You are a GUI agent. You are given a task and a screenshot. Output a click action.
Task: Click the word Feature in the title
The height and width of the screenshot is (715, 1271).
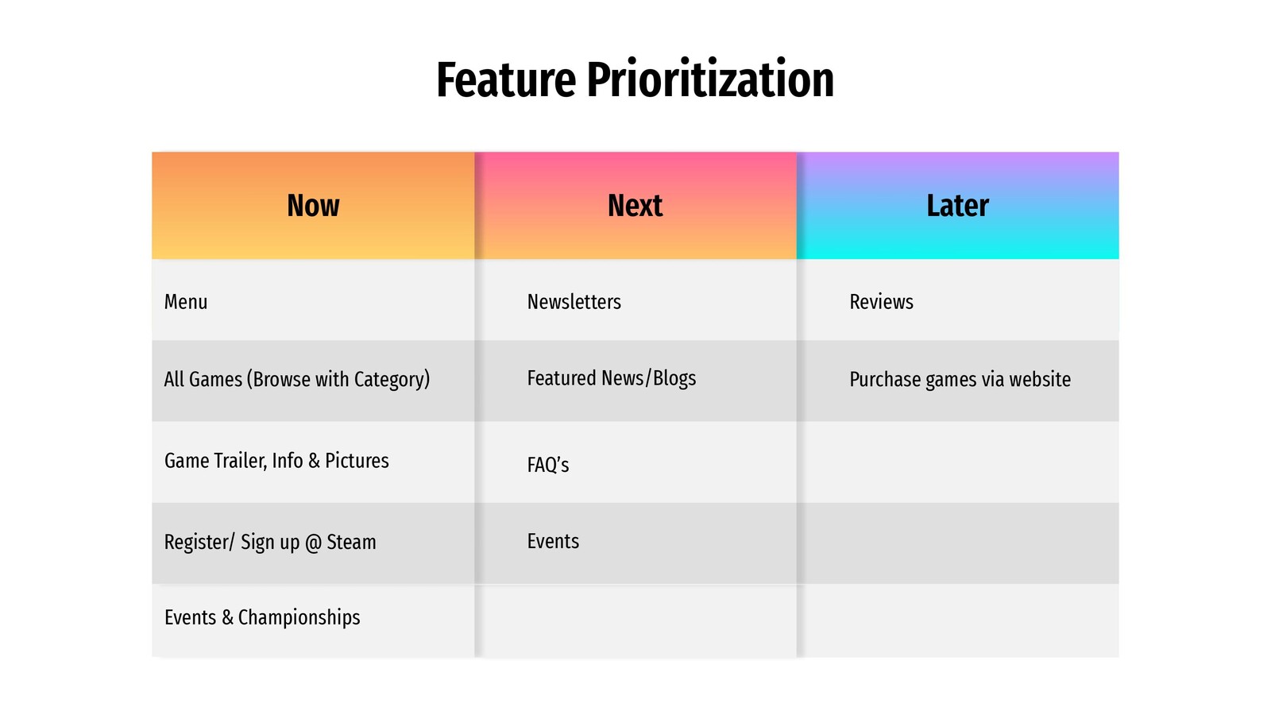(x=506, y=80)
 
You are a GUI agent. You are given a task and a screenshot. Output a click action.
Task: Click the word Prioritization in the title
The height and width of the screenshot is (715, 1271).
(x=710, y=79)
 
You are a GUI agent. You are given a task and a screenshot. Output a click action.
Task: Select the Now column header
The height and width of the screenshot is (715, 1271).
(x=313, y=206)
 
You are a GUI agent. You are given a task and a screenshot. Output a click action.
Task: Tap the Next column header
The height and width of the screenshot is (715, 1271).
(x=635, y=206)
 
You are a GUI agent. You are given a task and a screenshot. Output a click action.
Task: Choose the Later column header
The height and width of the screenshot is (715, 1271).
(x=958, y=206)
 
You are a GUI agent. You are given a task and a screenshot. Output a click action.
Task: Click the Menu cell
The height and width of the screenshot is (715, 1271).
(x=186, y=302)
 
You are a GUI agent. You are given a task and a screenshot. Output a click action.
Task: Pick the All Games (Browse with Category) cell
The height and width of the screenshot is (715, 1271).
(x=297, y=380)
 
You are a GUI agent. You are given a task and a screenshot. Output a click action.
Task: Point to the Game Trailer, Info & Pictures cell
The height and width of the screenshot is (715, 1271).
(x=276, y=461)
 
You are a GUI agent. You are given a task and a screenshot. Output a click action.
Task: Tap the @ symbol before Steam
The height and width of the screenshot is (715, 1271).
(x=313, y=543)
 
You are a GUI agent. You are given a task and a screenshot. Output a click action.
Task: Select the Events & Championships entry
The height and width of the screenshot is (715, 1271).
(x=262, y=617)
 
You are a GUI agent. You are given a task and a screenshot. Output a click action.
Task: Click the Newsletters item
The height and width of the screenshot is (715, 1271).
(x=574, y=302)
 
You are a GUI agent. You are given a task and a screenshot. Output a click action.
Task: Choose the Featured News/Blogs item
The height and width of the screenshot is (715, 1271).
(x=612, y=378)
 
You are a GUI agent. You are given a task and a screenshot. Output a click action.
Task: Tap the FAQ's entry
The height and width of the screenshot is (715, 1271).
(x=548, y=465)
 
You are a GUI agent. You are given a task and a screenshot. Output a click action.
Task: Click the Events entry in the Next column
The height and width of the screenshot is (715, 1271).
(x=553, y=541)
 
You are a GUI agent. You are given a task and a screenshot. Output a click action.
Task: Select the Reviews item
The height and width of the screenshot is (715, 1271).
(x=881, y=302)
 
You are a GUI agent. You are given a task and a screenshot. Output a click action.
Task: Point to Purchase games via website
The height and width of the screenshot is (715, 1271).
(x=960, y=380)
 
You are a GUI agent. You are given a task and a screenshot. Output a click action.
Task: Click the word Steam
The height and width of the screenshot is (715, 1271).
(x=351, y=542)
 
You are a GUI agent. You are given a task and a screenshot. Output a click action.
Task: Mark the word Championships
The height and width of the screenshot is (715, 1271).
(x=299, y=617)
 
